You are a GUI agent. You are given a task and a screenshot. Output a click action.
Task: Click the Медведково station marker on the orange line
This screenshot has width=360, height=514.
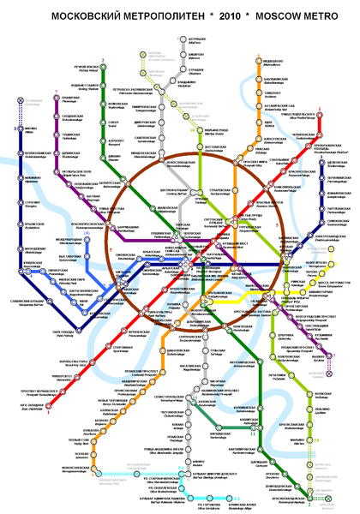click(x=258, y=61)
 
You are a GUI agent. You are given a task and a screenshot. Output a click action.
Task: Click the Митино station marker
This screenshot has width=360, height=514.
click(x=20, y=134)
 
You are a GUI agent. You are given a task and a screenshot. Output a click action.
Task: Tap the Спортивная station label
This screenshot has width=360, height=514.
click(x=123, y=349)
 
